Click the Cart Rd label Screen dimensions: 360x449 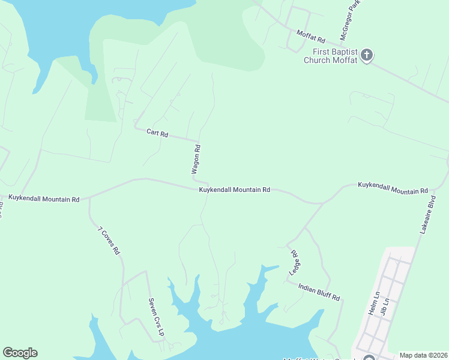tap(157, 131)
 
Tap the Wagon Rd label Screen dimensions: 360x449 tap(196, 159)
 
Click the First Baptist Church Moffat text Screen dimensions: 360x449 tap(330, 56)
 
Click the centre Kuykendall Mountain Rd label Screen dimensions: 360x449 tap(235, 190)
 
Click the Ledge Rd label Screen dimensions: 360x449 tap(294, 262)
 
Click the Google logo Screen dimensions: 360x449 tap(20, 353)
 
